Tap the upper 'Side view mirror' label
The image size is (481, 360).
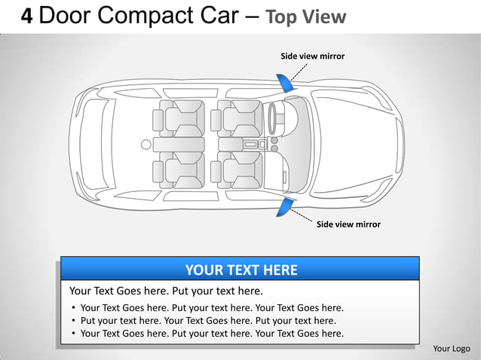coord(312,56)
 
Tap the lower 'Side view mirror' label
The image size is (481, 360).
coord(348,224)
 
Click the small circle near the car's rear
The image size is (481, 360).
coord(146,144)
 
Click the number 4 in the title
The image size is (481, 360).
coord(26,17)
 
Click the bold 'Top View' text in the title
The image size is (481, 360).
coord(306,17)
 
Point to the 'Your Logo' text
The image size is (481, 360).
coord(452,348)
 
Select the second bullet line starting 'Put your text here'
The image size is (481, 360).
coord(207,320)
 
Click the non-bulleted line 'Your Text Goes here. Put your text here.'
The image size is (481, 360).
coord(166,291)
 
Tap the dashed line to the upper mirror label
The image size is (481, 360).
coord(299,72)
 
